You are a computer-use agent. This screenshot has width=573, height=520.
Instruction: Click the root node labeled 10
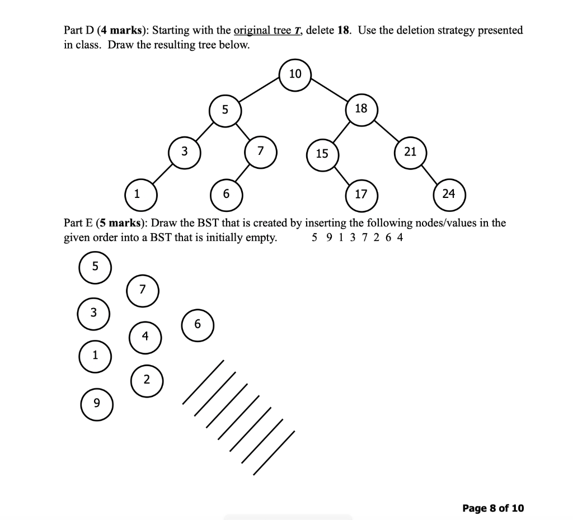tap(295, 74)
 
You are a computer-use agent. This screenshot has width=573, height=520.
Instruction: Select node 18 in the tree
tap(361, 108)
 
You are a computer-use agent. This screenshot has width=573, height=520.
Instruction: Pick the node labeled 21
tap(410, 152)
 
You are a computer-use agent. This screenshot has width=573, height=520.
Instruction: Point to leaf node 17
tap(361, 195)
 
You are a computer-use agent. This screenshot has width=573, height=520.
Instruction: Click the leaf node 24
tap(449, 195)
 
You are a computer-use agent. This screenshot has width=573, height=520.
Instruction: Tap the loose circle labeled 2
tap(147, 380)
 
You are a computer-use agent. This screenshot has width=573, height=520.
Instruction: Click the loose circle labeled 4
tap(145, 337)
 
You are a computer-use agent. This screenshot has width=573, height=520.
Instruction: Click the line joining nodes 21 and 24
tap(430, 173)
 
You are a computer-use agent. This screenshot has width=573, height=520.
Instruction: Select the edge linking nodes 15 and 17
tap(342, 174)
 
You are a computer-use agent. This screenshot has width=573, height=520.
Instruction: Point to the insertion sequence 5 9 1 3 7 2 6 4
tap(357, 238)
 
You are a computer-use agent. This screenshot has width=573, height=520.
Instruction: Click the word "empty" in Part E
tap(260, 238)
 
